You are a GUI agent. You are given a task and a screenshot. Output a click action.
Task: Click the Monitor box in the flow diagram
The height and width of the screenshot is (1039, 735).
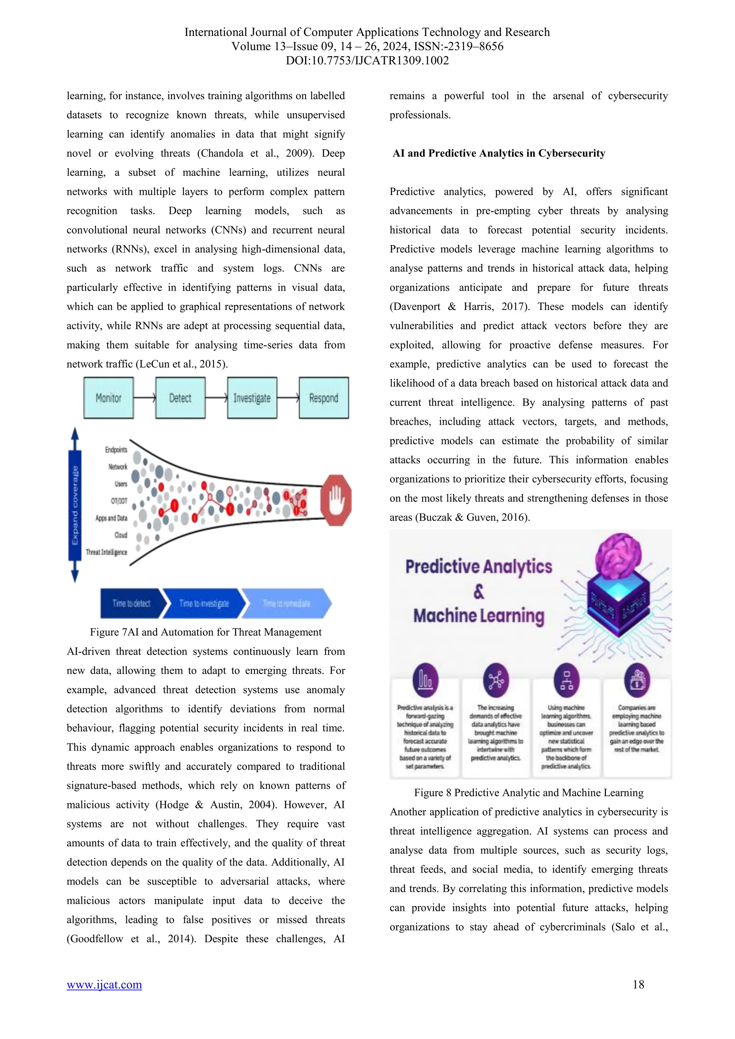pos(109,398)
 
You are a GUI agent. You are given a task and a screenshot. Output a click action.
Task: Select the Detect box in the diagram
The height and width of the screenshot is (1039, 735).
pos(180,398)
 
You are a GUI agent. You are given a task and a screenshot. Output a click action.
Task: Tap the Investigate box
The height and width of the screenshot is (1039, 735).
pos(252,398)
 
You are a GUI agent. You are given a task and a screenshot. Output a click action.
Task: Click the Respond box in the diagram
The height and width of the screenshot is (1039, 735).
pos(324,398)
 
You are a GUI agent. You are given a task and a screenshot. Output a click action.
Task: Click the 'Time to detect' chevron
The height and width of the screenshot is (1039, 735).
pos(131,603)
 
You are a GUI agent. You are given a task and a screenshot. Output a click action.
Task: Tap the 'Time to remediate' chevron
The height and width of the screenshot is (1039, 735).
pos(286,603)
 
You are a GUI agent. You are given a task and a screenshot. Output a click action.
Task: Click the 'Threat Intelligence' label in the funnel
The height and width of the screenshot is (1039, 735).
pos(107,552)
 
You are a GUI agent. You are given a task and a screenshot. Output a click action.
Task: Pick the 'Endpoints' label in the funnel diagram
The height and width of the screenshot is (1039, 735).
pos(116,449)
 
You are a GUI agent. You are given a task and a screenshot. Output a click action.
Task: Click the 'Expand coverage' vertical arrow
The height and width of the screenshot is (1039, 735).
pos(75,504)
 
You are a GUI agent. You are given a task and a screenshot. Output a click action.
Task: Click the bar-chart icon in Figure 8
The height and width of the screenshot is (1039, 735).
pos(425,680)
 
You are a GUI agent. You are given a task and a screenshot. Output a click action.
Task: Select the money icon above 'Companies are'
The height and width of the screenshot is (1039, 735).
pos(637,680)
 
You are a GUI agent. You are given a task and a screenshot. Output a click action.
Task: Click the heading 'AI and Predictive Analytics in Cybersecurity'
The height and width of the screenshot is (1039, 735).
pos(499,154)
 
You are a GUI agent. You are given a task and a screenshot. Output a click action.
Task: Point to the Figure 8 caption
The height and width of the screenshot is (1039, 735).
pos(529,793)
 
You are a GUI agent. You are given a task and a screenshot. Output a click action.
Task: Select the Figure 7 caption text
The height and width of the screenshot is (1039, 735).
pos(206,632)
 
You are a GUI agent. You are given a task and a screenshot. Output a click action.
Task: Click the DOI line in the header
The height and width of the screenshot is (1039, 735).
pos(367,61)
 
